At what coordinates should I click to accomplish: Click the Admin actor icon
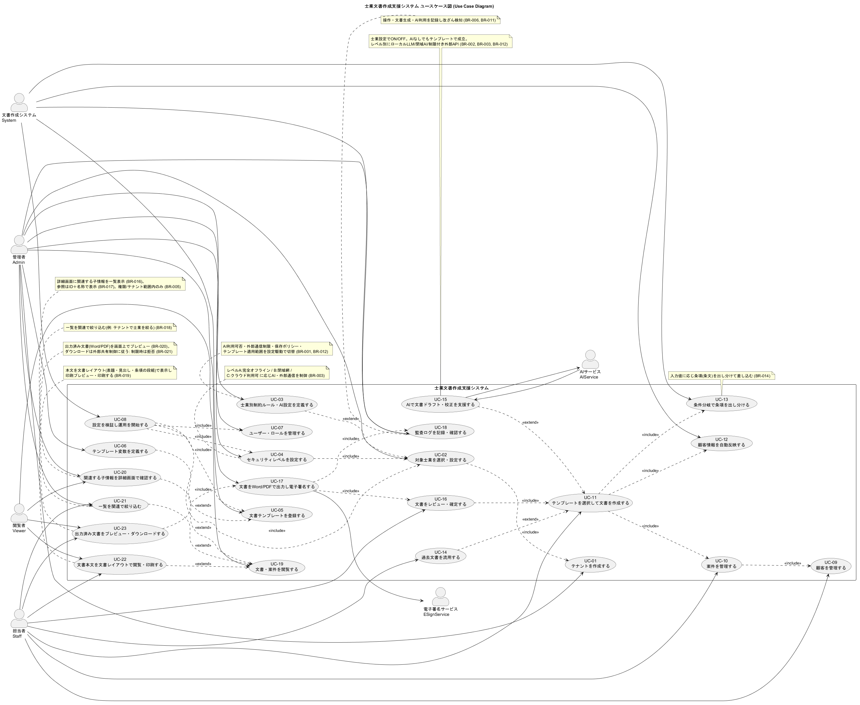click(19, 244)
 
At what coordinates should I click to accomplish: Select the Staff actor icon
click(19, 618)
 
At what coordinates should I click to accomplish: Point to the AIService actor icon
click(590, 359)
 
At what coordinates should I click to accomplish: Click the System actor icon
click(19, 103)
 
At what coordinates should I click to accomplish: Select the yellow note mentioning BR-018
click(120, 327)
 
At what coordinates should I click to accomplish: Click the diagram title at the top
click(429, 6)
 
